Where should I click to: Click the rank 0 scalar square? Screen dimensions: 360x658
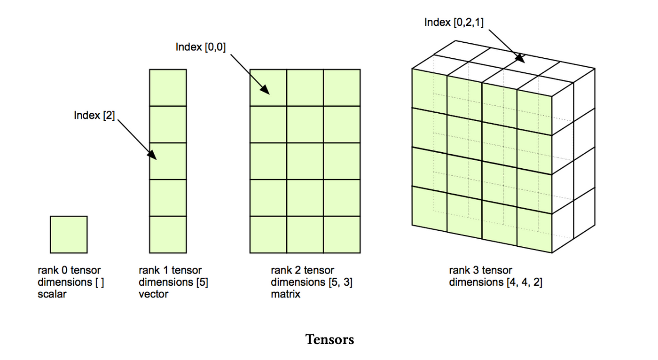point(69,234)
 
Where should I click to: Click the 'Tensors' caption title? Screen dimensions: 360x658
point(329,339)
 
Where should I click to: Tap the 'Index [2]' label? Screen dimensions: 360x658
point(94,115)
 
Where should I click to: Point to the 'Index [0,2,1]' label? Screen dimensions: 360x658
point(454,22)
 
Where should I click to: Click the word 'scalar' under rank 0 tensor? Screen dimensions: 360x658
point(52,295)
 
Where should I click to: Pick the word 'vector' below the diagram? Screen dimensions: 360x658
point(153,295)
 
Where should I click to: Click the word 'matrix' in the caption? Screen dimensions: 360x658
point(285,295)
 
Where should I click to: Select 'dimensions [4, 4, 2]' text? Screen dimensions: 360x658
point(495,282)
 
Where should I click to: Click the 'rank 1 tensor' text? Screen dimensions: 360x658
point(170,270)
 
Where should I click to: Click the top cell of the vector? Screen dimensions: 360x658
point(168,87)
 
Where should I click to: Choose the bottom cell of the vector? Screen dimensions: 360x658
point(168,235)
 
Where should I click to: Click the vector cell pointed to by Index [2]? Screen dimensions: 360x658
point(168,161)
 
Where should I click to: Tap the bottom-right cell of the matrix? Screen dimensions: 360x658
point(342,235)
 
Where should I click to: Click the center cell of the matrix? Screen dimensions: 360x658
point(305,161)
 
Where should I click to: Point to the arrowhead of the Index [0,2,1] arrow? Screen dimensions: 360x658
point(521,59)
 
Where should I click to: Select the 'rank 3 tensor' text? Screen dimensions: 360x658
point(480,270)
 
